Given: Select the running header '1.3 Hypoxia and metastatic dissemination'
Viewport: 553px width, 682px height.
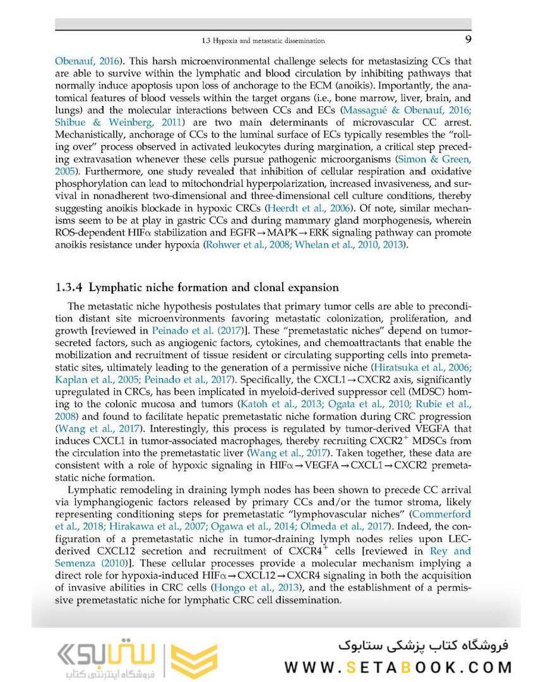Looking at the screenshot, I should coord(263,41).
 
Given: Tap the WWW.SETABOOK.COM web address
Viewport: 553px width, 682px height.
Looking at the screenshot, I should coord(398,667).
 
